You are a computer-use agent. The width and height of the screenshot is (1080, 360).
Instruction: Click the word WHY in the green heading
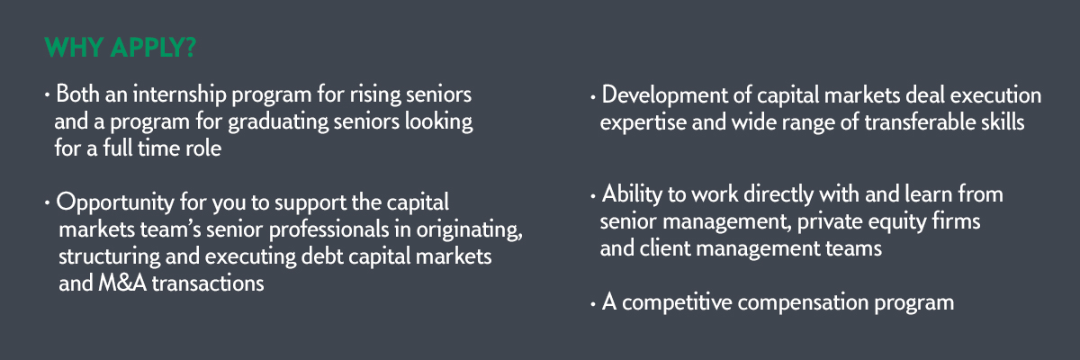(x=74, y=47)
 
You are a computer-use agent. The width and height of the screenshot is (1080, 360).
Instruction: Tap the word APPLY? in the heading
(x=153, y=47)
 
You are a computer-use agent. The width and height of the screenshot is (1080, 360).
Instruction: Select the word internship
(x=179, y=94)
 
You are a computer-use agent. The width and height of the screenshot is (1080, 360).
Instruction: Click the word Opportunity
(x=115, y=202)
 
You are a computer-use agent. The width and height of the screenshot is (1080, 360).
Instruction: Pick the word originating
(x=469, y=229)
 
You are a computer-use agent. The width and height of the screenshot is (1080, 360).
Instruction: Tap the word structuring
(x=109, y=256)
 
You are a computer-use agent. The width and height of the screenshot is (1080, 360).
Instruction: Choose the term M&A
(x=122, y=283)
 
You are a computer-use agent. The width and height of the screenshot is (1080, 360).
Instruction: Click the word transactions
(x=208, y=283)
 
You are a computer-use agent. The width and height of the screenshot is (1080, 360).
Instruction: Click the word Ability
(x=632, y=194)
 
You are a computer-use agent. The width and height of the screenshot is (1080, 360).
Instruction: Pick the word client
(x=665, y=248)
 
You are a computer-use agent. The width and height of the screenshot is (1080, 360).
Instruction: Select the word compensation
(x=803, y=303)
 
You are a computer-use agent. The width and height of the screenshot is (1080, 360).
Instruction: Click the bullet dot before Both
(x=47, y=94)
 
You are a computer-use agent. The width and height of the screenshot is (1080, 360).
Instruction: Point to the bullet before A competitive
(x=592, y=304)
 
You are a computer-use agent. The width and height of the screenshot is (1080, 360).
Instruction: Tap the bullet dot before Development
(x=592, y=97)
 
